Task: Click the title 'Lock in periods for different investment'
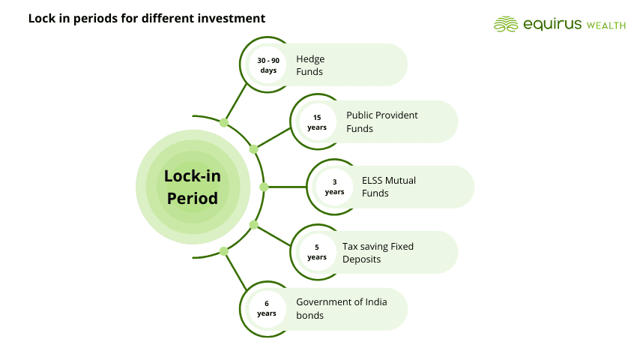click(x=147, y=18)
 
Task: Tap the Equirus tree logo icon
click(x=506, y=24)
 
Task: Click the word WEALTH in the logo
click(x=605, y=25)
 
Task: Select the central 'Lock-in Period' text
click(x=192, y=187)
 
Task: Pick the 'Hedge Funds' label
click(x=310, y=65)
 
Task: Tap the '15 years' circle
click(x=317, y=121)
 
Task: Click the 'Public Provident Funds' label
click(x=381, y=121)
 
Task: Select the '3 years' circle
click(x=335, y=187)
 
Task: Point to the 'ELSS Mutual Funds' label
click(x=389, y=187)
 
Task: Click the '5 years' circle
click(x=317, y=252)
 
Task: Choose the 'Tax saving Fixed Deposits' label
click(x=378, y=252)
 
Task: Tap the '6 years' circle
click(x=267, y=308)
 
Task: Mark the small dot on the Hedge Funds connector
click(x=224, y=122)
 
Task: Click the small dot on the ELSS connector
click(x=264, y=187)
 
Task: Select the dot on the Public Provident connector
click(x=253, y=149)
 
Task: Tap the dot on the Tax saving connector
click(x=253, y=224)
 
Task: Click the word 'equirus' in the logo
click(x=549, y=24)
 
